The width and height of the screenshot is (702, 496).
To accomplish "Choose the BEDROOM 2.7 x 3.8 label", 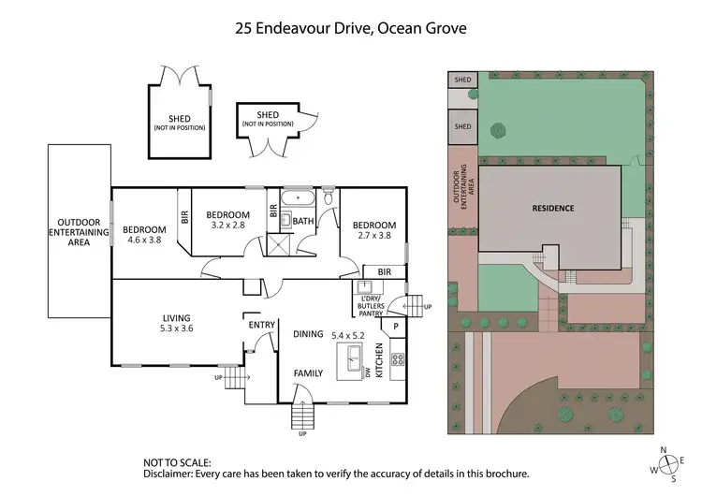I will [373, 230].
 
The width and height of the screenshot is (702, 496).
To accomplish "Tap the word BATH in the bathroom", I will [303, 222].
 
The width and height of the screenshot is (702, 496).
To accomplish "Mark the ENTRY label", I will [260, 325].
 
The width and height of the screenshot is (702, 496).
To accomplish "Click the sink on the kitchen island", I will [355, 358].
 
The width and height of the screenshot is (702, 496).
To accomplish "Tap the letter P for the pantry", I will [396, 327].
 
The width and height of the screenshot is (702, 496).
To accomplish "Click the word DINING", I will [308, 334].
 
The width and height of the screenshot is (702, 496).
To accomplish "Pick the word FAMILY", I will [308, 372].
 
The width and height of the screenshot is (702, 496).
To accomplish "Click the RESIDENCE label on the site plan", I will [553, 208].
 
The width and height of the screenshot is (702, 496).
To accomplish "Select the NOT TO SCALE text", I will [177, 462].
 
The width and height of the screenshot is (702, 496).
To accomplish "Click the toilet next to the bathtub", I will [328, 198].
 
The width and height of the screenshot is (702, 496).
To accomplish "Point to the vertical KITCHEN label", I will [379, 359].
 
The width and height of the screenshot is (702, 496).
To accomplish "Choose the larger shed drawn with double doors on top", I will [180, 119].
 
